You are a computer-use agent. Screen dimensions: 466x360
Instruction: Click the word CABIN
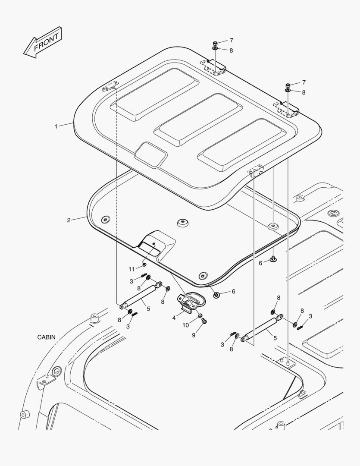pos(46,337)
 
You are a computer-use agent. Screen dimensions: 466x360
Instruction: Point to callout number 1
pos(56,126)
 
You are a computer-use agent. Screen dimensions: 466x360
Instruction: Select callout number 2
pos(69,220)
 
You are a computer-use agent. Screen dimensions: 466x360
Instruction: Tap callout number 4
pos(174,318)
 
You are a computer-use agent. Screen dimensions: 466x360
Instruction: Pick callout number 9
pos(194,335)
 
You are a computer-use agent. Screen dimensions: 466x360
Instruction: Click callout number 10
pos(185,325)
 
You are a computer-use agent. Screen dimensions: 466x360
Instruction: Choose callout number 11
pos(131,269)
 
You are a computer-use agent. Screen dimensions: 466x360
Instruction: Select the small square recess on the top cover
pos(150,154)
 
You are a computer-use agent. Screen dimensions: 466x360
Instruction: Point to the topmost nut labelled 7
pos(214,43)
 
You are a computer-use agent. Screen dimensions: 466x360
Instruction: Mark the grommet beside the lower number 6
pos(216,295)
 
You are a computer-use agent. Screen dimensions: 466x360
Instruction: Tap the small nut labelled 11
pos(144,264)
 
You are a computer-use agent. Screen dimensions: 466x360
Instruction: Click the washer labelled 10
pos(200,315)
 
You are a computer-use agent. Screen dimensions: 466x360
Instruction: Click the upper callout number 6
pos(260,263)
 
